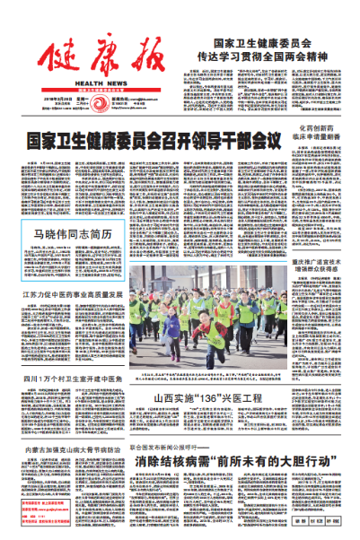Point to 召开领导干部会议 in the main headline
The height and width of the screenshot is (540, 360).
(x=203, y=141)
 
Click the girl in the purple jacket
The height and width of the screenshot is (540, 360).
(x=172, y=325)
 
